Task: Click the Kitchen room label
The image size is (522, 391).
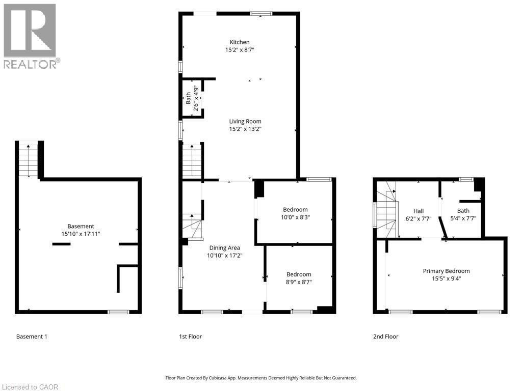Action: [x=240, y=42]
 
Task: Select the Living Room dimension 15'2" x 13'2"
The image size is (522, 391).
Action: [x=245, y=129]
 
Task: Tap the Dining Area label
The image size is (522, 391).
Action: [x=224, y=248]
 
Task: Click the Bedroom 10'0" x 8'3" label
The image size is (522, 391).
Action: [x=295, y=210]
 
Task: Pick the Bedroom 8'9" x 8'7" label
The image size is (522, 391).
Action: [x=298, y=274]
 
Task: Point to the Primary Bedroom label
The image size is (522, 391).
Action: [x=446, y=271]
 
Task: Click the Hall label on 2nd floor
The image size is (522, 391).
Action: [x=418, y=211]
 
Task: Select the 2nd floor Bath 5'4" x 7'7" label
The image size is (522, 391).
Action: [x=463, y=211]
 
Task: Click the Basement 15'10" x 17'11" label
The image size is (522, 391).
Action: [x=81, y=227]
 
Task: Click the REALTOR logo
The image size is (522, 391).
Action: [x=30, y=36]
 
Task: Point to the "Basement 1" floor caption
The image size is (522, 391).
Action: [x=32, y=337]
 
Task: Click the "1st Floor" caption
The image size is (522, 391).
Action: [x=190, y=337]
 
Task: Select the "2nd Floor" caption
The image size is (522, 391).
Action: [x=385, y=337]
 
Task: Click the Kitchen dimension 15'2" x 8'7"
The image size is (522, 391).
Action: [x=240, y=50]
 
